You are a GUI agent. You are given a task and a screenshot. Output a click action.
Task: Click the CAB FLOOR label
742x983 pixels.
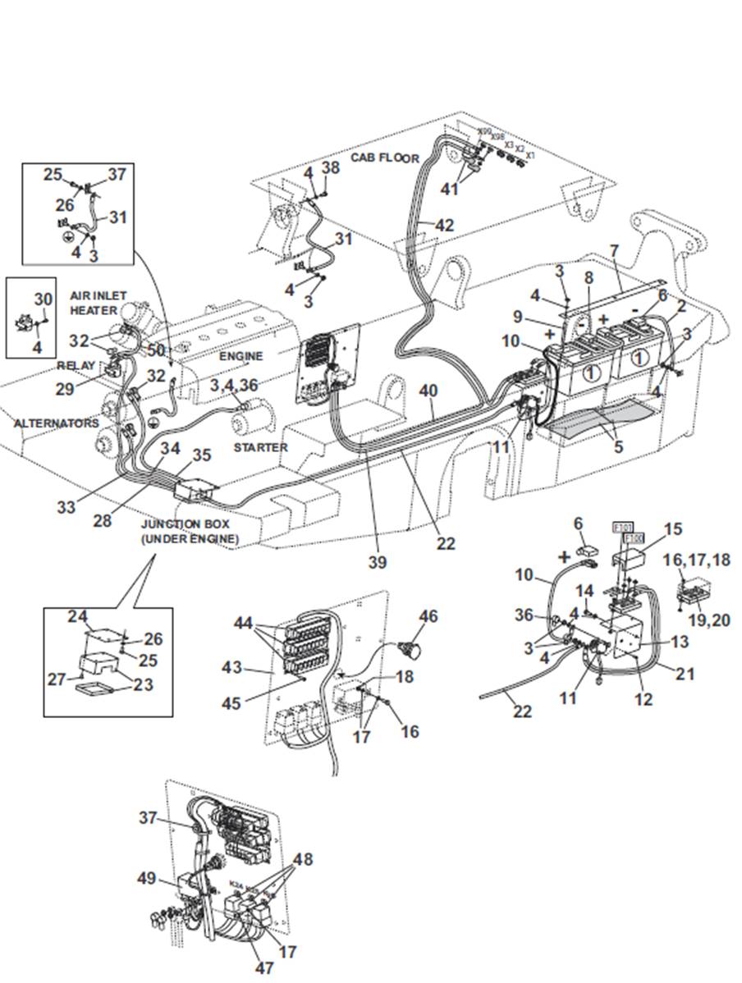point(385,158)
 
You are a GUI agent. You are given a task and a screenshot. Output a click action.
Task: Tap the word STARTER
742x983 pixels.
point(260,447)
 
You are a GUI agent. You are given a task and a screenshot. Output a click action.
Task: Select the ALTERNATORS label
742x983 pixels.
point(56,423)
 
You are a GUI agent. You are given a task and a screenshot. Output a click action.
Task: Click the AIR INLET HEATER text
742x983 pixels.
point(93,304)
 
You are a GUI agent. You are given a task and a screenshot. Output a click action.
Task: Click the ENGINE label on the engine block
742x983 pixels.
point(240,357)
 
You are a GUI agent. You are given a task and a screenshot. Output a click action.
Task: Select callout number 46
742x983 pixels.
point(428,615)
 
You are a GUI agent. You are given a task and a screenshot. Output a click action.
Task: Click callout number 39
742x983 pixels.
point(378,563)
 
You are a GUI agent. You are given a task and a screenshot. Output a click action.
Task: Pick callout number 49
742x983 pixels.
point(146,879)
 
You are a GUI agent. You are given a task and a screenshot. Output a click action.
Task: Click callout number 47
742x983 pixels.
point(263,968)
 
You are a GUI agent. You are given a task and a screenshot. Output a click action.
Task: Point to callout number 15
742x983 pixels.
point(672,530)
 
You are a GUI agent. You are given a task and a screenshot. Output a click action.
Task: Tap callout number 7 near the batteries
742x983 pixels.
point(615,249)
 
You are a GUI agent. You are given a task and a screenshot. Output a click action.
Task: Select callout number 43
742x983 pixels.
point(232,668)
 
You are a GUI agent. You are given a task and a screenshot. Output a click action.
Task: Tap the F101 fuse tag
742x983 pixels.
point(622,528)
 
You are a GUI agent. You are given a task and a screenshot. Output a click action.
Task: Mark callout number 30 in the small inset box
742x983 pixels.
point(43,299)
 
